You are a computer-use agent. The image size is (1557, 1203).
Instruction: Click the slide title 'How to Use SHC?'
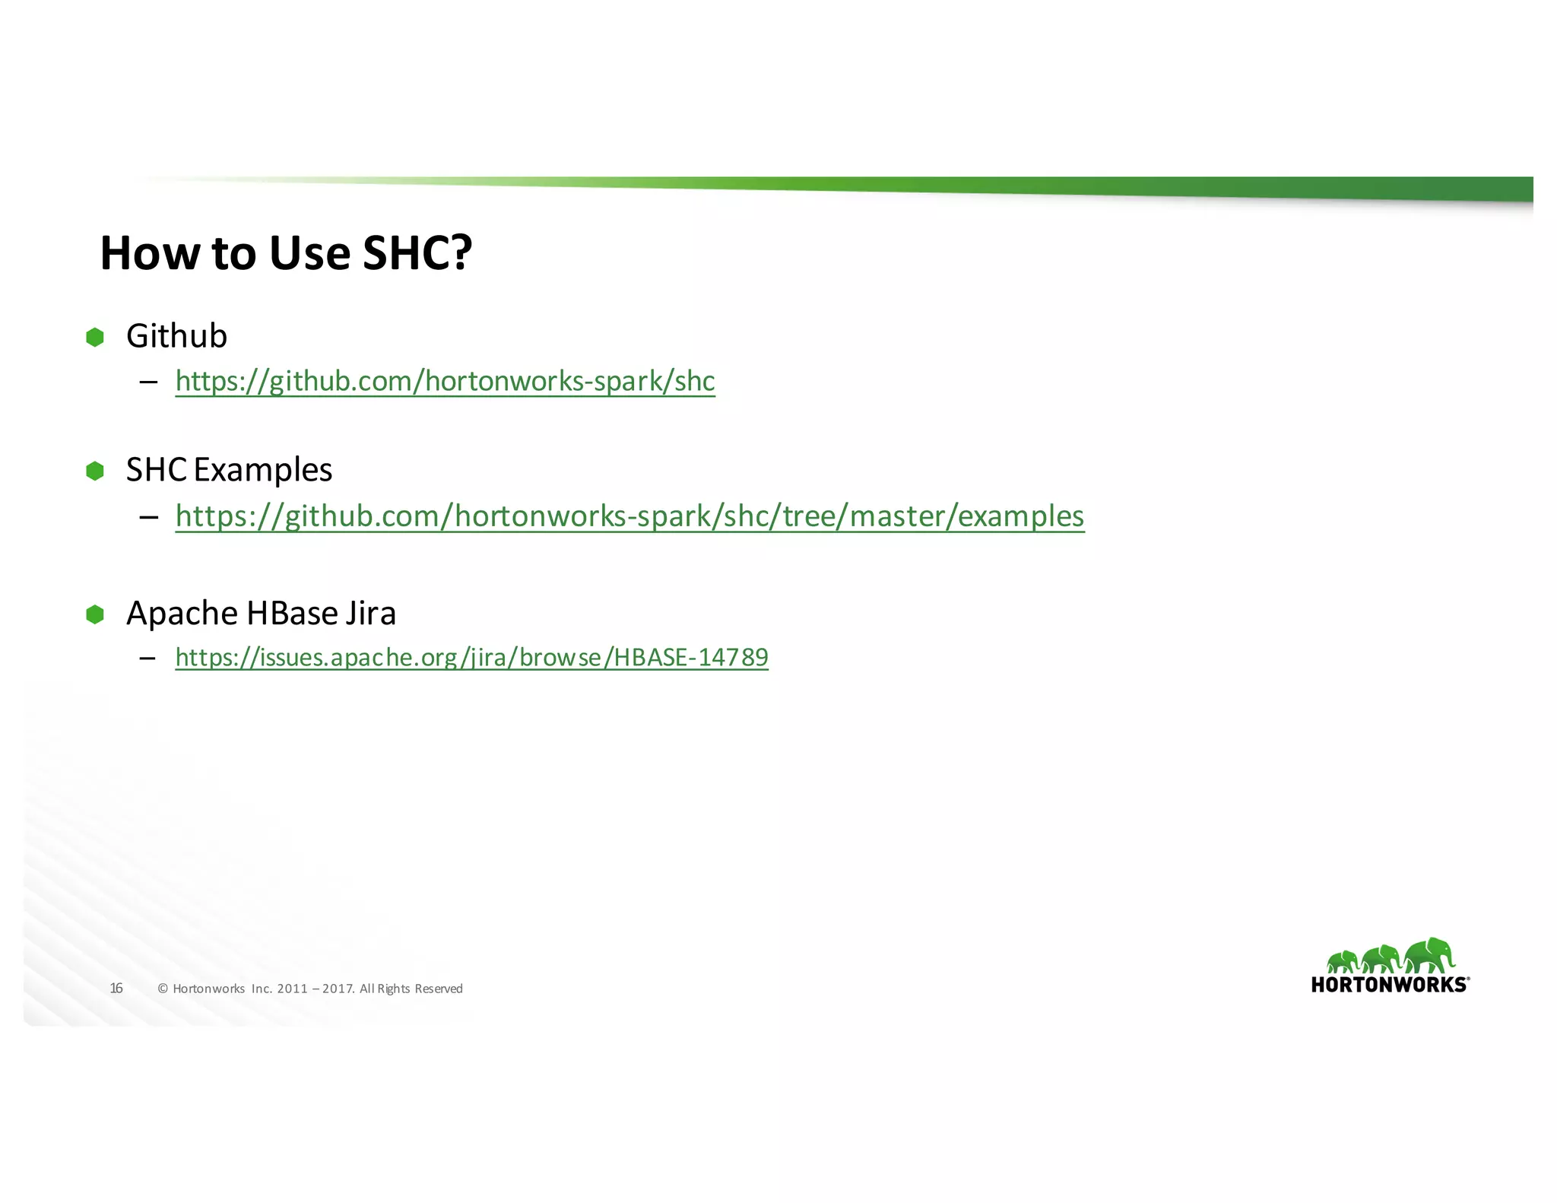(286, 252)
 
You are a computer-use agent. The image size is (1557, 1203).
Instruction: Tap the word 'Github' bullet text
(176, 336)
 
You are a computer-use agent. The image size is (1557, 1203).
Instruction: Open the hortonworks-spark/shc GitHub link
(445, 381)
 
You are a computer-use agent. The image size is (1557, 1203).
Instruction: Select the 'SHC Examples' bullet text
(229, 470)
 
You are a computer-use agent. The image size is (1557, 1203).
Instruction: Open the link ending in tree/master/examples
(629, 516)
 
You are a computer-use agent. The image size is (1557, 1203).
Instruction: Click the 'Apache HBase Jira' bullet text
(261, 613)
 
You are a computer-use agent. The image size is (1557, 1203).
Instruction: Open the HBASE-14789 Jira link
(471, 657)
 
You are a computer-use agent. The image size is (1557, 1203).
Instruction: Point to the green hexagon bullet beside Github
(95, 337)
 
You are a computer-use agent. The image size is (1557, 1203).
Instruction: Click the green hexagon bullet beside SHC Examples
(95, 471)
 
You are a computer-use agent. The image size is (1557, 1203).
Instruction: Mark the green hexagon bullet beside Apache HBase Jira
(95, 614)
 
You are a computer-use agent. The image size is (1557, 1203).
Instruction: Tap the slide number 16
(116, 989)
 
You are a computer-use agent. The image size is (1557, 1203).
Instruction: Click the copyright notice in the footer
(310, 989)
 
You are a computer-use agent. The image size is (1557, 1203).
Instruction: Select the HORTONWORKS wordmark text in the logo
(1389, 985)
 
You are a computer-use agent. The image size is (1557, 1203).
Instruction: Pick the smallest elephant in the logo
(1343, 961)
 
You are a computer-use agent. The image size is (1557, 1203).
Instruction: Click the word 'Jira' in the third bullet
(371, 613)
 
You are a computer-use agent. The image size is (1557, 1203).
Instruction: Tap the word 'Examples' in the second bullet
(263, 470)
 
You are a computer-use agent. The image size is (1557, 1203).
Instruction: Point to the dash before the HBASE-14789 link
(148, 657)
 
